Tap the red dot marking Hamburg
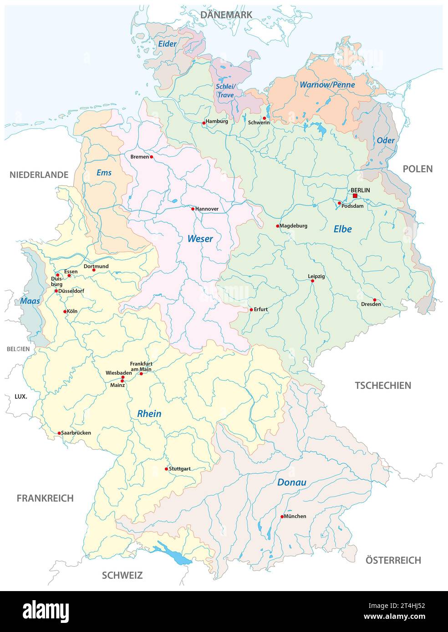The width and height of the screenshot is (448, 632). click(204, 123)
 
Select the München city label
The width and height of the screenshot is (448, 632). click(295, 516)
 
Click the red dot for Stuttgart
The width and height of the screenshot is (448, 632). click(166, 469)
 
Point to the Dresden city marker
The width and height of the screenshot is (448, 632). click(375, 300)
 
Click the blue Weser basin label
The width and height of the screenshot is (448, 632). click(200, 239)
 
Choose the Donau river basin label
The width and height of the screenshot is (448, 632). click(292, 482)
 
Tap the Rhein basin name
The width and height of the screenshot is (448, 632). click(149, 414)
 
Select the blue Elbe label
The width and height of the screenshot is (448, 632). click(342, 229)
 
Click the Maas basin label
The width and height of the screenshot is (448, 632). click(30, 301)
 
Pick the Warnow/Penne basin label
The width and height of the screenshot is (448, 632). click(327, 85)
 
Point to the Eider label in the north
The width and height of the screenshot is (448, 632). click(167, 44)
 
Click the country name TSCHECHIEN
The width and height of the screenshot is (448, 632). click(383, 386)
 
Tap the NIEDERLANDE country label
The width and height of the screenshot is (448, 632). click(39, 175)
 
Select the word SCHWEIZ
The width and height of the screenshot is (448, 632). click(122, 575)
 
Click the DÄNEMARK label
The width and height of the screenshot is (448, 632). click(226, 15)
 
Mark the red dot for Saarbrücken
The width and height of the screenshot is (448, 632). click(59, 433)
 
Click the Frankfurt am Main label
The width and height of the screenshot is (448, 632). click(141, 366)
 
